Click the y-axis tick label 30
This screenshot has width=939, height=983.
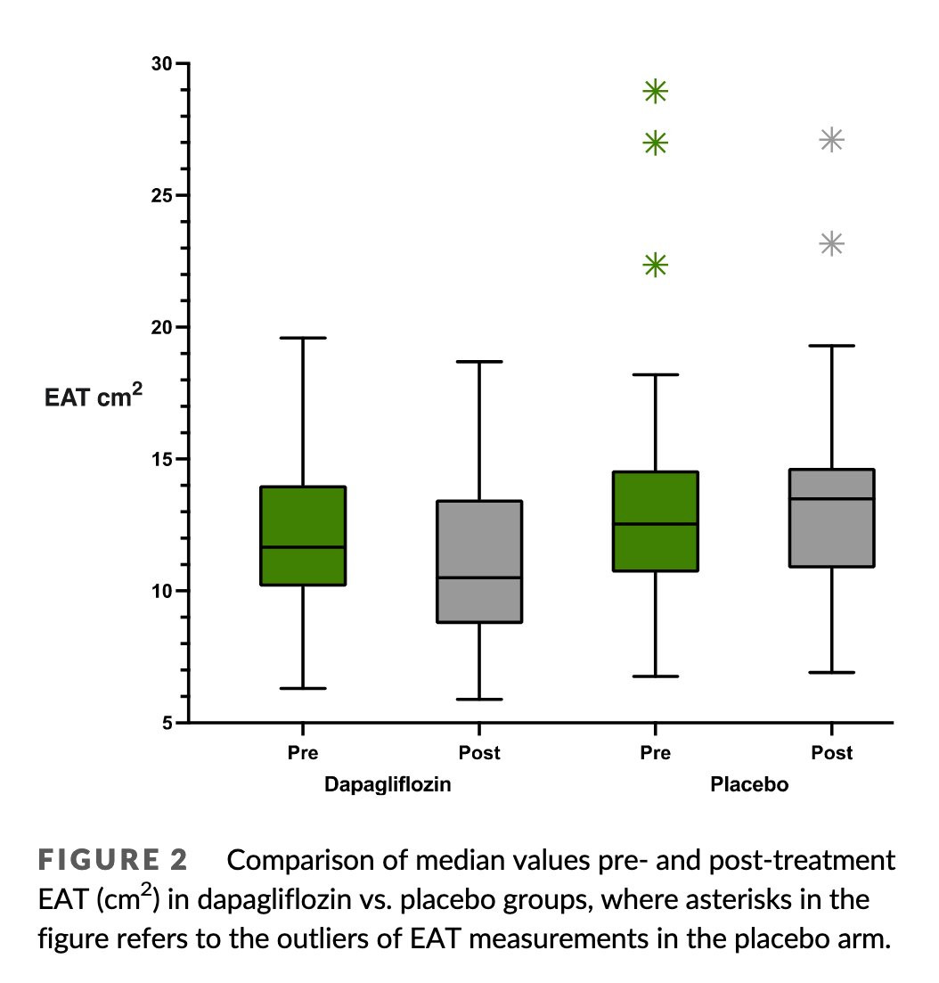162,63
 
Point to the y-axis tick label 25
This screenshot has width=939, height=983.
162,195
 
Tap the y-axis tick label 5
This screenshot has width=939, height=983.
167,723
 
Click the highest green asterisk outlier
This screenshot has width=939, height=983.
656,92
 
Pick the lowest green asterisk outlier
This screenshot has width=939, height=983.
656,266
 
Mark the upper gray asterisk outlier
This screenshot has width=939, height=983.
832,140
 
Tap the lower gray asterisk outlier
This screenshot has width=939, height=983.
832,243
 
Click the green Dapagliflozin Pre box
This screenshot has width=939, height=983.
304,536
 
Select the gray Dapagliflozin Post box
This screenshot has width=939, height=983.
479,561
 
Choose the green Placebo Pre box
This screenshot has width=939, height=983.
656,521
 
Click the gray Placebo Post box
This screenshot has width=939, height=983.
832,518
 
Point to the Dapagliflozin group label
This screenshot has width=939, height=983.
388,784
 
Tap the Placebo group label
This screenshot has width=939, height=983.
749,784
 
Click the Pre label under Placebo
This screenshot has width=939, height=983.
655,752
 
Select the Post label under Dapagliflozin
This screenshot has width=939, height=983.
479,752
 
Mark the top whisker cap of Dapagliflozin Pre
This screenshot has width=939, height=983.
304,338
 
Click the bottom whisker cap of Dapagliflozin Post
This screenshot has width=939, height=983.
479,699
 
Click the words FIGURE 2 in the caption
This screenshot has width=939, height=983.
113,859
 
